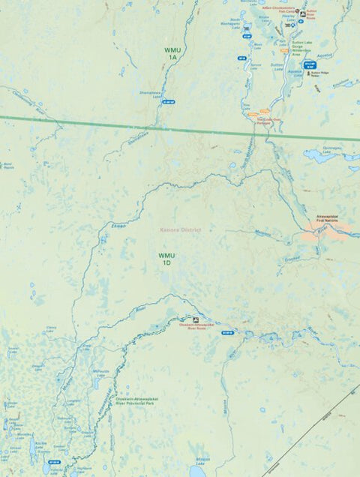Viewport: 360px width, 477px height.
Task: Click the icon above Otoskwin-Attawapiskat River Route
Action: [196, 318]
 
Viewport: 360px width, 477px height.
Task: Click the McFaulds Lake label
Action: [100, 371]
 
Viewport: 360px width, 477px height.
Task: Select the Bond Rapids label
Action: [9, 164]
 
